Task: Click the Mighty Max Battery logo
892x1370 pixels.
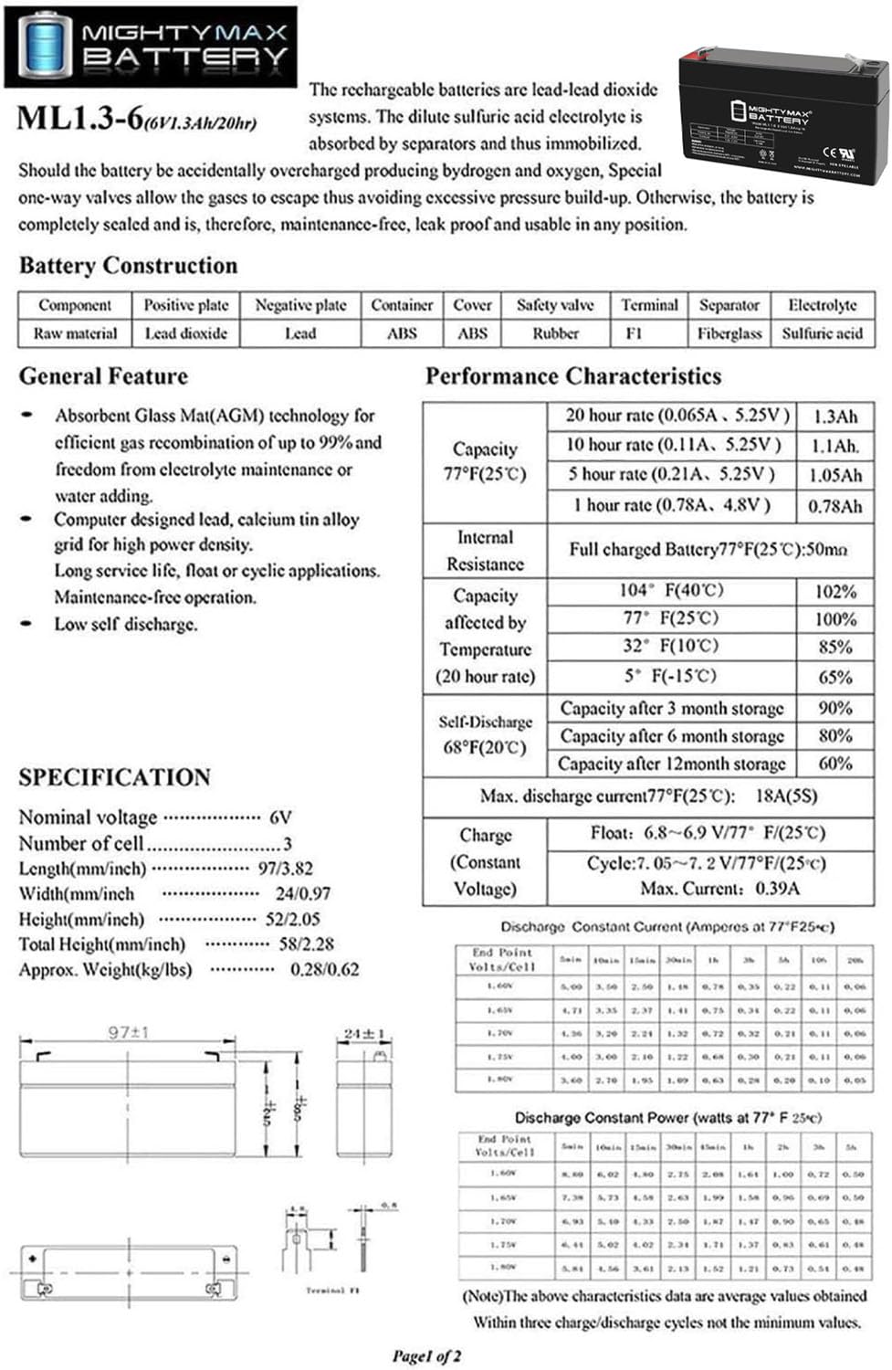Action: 151,46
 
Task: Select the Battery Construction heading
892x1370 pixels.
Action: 128,266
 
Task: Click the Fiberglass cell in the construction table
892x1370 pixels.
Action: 729,333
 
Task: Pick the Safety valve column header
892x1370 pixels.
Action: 555,305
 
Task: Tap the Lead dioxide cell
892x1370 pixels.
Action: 185,333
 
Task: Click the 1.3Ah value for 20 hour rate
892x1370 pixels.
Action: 834,416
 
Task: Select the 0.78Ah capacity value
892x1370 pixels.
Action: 834,506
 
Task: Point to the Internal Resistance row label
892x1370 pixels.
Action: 485,551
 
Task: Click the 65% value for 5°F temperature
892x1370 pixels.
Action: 834,678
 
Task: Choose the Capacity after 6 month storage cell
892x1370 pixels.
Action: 672,736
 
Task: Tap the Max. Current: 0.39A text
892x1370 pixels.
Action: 719,888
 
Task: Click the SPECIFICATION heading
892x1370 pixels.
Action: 115,777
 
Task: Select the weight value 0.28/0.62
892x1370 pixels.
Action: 325,970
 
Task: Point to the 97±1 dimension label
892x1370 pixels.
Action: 129,1033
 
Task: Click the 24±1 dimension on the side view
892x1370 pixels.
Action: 364,1034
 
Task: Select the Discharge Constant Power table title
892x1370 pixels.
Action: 667,1118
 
